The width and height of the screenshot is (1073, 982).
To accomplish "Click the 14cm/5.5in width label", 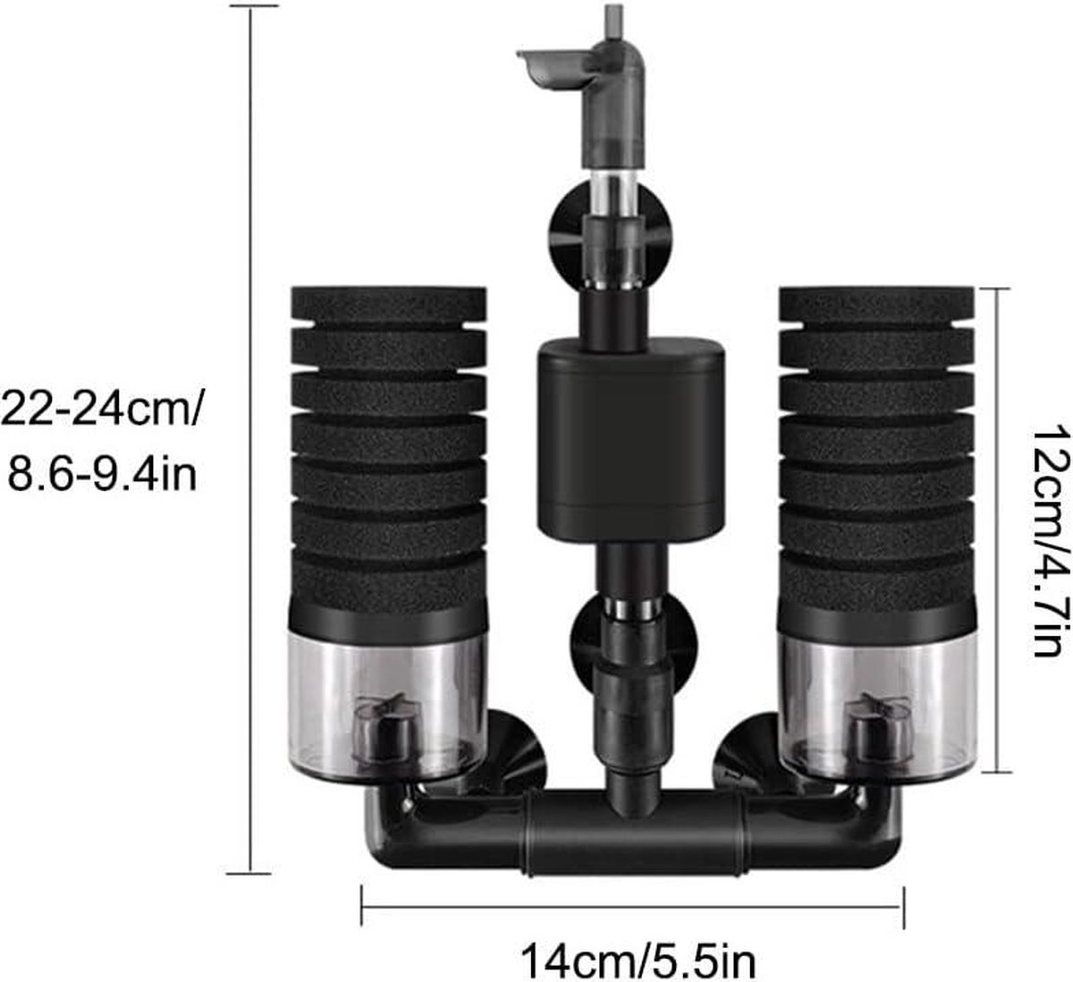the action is (638, 947).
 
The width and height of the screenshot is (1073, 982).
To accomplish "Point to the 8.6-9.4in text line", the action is (103, 475).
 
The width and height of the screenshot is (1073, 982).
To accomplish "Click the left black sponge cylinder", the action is (389, 450).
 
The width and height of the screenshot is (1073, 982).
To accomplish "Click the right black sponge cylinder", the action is (876, 450).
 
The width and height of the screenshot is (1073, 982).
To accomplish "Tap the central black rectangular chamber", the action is (631, 439).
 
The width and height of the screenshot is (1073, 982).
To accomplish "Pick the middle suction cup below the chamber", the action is (634, 650).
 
